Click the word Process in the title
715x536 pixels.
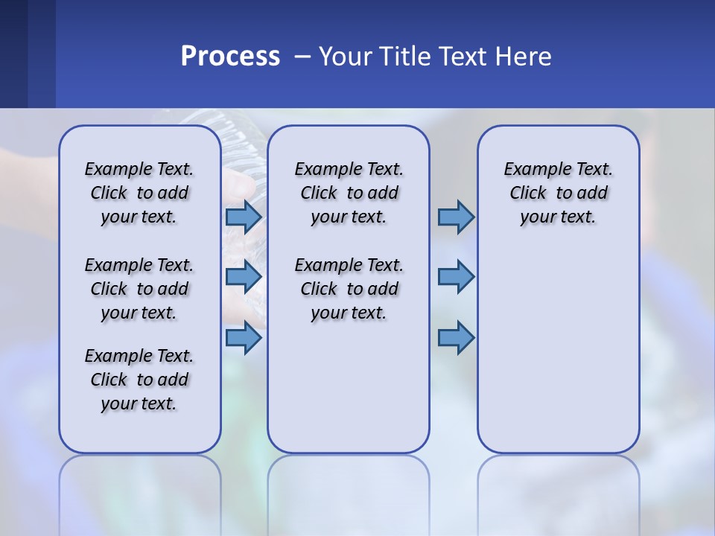click(230, 57)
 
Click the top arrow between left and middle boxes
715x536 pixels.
click(244, 217)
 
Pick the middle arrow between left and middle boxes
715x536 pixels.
click(244, 277)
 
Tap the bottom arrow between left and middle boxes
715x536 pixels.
click(244, 338)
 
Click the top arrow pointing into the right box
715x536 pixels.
click(456, 217)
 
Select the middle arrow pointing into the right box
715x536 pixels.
click(456, 277)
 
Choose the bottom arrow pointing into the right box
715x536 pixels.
click(456, 338)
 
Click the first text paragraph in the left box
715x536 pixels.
click(139, 193)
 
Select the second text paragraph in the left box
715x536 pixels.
click(139, 289)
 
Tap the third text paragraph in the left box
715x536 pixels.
click(139, 380)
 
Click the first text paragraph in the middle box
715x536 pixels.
click(349, 193)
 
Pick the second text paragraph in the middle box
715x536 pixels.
click(349, 289)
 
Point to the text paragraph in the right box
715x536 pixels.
click(558, 193)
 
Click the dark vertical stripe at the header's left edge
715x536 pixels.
click(13, 54)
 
